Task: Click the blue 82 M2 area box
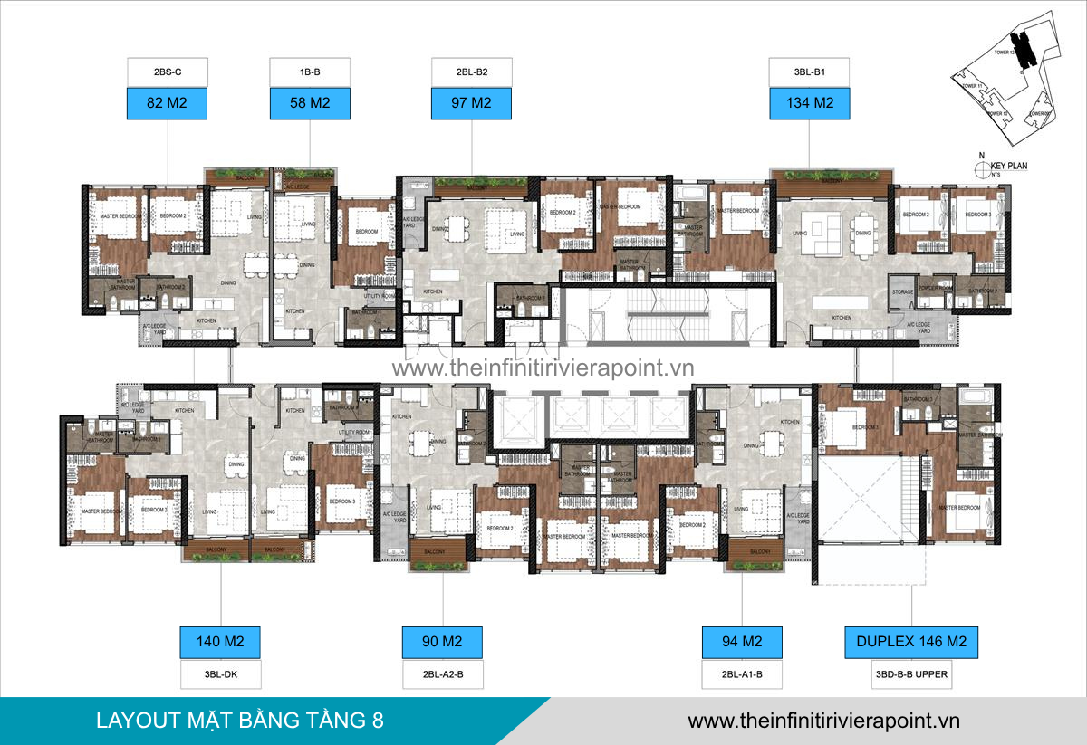coord(168,103)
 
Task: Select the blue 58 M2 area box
coord(310,103)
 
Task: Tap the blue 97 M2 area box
coord(471,103)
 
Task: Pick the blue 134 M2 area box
coord(809,103)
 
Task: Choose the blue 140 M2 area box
coord(219,642)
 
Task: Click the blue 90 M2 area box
coord(442,642)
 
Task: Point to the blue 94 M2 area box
coord(742,642)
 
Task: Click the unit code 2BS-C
coord(168,71)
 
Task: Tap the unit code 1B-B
coord(310,71)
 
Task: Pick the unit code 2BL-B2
coord(471,71)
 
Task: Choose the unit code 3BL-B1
coord(809,71)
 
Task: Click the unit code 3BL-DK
coord(219,674)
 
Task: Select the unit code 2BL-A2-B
coord(442,674)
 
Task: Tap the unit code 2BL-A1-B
coord(742,674)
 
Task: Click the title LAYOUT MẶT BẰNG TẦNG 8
coord(239,721)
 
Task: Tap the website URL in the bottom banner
coord(823,721)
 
